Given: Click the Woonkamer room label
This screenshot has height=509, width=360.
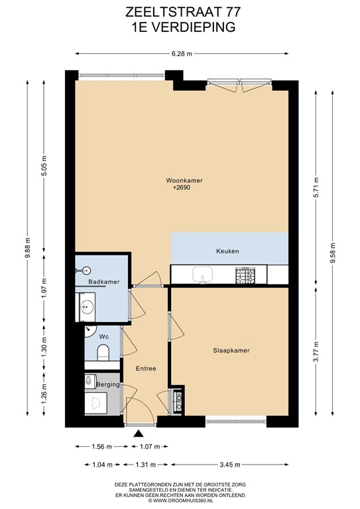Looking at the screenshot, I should click(184, 180).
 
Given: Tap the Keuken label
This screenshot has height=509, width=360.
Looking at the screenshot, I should click(227, 251).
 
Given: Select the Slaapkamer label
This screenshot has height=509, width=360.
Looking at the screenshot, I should click(231, 350).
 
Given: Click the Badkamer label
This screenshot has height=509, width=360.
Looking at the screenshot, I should click(103, 282).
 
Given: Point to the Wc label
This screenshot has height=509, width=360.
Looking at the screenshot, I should click(104, 337).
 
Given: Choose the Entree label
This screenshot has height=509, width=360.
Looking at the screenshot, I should click(146, 368).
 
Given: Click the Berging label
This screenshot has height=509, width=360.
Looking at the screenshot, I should click(107, 384).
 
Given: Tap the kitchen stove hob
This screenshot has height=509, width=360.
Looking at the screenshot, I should click(247, 273).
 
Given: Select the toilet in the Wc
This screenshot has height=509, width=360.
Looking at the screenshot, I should click(103, 357).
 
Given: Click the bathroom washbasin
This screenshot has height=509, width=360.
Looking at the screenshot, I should click(86, 306).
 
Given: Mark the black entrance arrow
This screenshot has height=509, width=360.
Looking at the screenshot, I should click(139, 434).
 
